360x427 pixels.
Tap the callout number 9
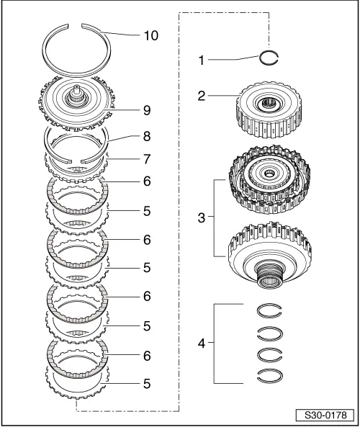pyautogui.click(x=147, y=112)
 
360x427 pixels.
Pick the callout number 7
pyautogui.click(x=147, y=157)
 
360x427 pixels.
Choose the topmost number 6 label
pyautogui.click(x=147, y=181)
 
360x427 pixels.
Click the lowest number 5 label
pyautogui.click(x=147, y=384)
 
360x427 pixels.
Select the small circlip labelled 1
pyautogui.click(x=270, y=60)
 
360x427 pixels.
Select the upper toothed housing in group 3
pyautogui.click(x=270, y=186)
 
